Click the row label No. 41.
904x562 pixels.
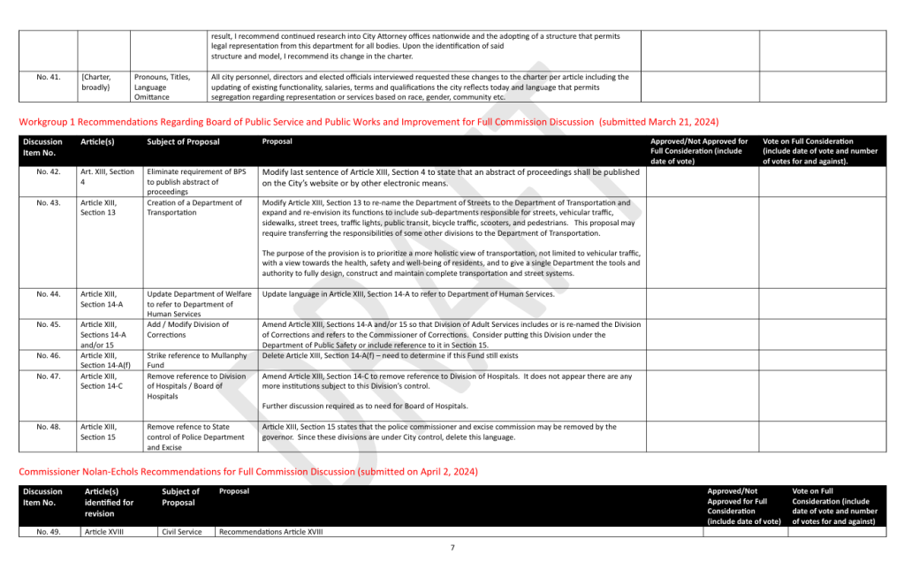(x=49, y=77)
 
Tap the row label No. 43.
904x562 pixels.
(x=49, y=203)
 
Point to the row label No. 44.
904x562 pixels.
(x=49, y=293)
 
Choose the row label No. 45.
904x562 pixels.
(x=49, y=324)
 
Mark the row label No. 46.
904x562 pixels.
(x=49, y=355)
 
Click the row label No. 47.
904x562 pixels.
(x=49, y=376)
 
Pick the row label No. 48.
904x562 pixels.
(x=49, y=427)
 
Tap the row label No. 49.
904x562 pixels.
(x=49, y=532)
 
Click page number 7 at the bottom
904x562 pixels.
(x=452, y=548)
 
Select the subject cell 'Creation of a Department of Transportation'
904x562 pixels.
(x=194, y=208)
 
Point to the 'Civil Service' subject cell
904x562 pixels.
(x=181, y=532)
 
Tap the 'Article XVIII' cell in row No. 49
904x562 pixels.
(x=103, y=532)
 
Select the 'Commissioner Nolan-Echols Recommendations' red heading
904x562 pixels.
(x=248, y=472)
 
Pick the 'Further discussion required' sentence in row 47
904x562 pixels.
(x=365, y=406)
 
